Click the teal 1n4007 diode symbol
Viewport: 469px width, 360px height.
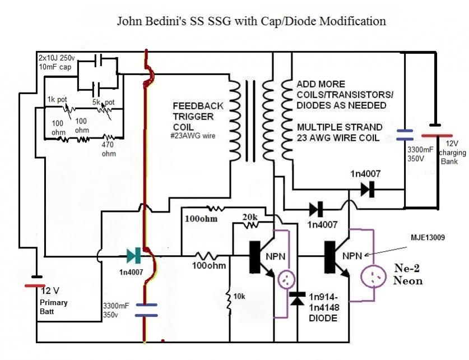tap(134, 256)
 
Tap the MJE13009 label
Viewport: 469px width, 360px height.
tap(428, 238)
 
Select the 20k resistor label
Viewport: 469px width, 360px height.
tap(250, 216)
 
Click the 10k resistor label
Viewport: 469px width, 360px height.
tap(239, 296)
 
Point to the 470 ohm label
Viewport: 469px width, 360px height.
tap(109, 149)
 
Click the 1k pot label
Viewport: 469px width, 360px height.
tap(57, 99)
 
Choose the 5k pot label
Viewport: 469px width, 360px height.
tap(104, 102)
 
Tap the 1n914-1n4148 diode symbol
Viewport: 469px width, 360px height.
tap(298, 299)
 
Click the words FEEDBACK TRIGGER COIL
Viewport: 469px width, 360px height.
tap(198, 116)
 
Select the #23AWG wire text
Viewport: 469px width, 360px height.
tap(193, 136)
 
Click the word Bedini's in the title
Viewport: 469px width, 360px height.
tap(166, 21)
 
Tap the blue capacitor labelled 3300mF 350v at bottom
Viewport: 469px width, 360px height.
tap(146, 310)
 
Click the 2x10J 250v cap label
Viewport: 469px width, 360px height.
tap(56, 62)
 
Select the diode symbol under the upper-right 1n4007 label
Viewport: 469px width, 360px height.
tap(368, 189)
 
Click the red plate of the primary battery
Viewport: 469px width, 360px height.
tap(35, 286)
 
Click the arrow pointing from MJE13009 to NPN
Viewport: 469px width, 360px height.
tap(386, 251)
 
